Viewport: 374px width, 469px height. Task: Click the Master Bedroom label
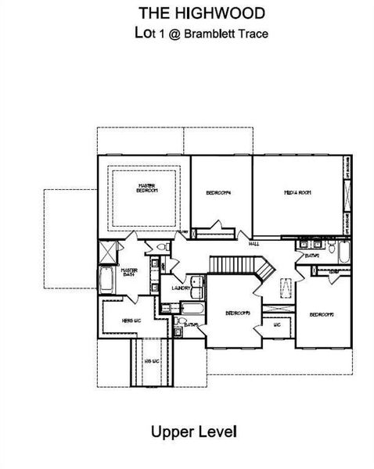tap(146, 188)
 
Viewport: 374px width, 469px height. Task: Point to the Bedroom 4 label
tap(218, 192)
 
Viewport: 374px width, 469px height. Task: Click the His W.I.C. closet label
tap(152, 361)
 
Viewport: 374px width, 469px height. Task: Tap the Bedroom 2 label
tap(321, 314)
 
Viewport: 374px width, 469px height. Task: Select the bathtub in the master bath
tap(107, 281)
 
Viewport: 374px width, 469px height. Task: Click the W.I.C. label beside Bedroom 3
tap(276, 325)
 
